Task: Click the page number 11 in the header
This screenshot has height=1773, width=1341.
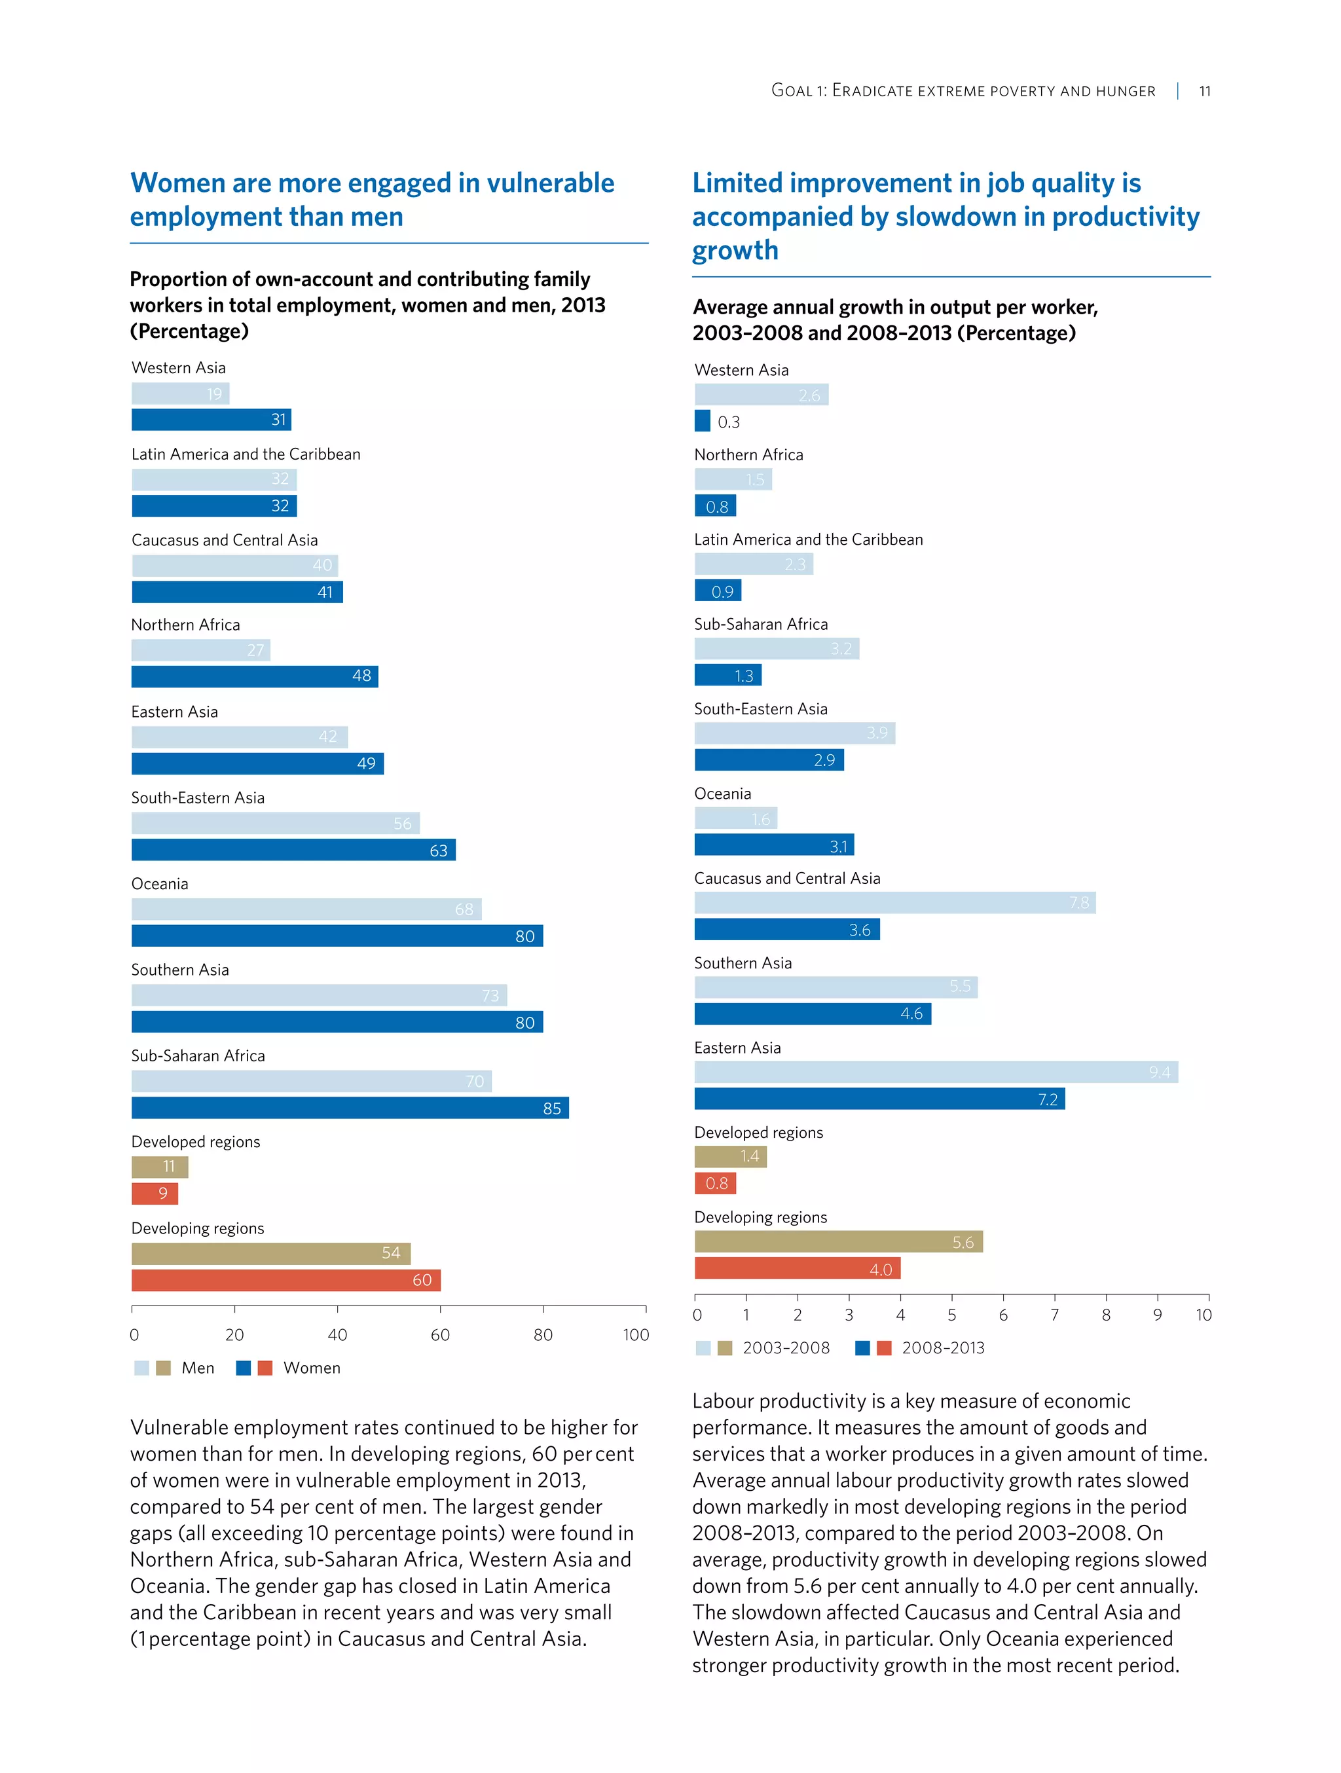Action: coord(1204,92)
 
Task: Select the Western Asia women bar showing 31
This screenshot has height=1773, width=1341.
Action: coord(211,419)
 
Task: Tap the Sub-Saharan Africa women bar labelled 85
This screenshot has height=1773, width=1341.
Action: coord(350,1108)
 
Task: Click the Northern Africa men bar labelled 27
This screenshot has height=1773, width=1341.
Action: coord(200,650)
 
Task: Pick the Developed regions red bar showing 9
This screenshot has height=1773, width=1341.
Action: coord(155,1194)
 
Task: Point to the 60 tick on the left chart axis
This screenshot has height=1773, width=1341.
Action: coord(440,1334)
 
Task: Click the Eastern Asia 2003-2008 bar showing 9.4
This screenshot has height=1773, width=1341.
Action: coord(936,1072)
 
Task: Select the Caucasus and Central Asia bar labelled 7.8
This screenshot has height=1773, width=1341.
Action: coord(894,902)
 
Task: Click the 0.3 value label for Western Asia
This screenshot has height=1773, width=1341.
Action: coord(729,422)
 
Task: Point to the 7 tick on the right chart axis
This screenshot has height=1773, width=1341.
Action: coord(1054,1315)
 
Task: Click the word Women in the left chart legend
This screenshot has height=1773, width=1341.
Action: coord(312,1368)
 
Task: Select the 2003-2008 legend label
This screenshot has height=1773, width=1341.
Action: coord(786,1347)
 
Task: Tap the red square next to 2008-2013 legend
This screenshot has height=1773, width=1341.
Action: coord(884,1347)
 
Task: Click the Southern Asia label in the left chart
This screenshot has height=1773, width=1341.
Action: coord(179,970)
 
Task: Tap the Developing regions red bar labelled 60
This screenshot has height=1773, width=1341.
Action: coord(285,1280)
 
